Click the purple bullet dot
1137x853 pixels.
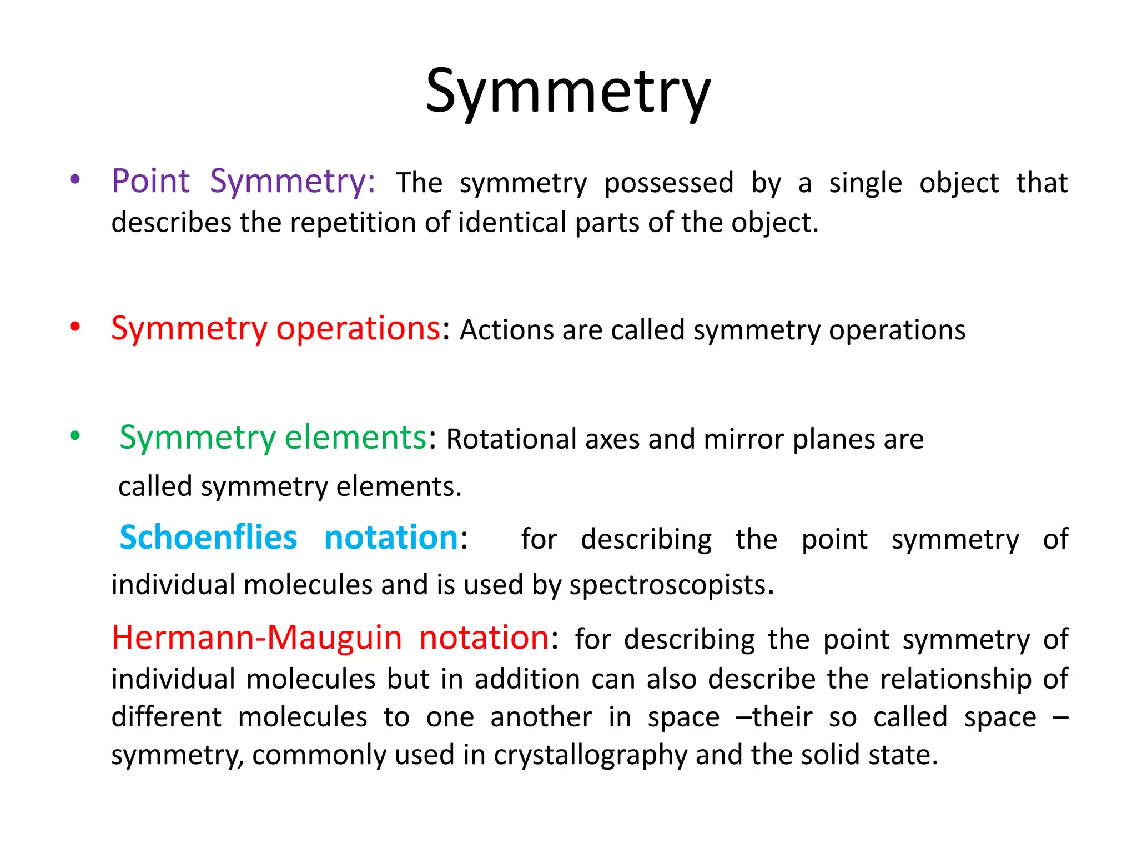click(75, 180)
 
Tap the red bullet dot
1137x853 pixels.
click(75, 327)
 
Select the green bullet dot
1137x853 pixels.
click(75, 436)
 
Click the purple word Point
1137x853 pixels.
click(150, 182)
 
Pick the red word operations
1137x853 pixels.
click(358, 329)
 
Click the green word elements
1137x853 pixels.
click(355, 438)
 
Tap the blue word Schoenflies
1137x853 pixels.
click(208, 538)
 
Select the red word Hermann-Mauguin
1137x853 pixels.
click(256, 638)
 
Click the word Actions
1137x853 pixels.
click(506, 330)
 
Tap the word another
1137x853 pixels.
click(541, 717)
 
